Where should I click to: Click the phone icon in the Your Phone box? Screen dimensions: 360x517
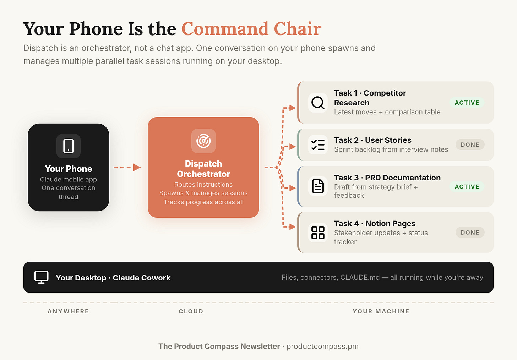69,146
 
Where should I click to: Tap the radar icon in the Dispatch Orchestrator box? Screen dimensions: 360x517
203,141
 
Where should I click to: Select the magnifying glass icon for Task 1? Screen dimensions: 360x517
318,103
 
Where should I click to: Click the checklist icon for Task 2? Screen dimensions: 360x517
318,145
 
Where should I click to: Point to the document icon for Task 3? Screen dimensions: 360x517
318,186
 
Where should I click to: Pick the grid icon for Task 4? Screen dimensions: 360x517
318,233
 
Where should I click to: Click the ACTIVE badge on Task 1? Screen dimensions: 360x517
467,103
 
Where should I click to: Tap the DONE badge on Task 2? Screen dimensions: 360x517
470,144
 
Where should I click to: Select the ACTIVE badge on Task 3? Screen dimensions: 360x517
467,186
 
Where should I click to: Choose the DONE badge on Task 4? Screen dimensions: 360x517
470,233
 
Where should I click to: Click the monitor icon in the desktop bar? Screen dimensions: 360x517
41,277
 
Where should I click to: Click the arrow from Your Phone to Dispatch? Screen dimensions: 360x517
127,167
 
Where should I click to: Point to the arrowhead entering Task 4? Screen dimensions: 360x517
293,227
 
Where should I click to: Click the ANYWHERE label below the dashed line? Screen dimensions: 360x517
68,311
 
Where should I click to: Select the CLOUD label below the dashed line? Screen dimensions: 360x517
191,311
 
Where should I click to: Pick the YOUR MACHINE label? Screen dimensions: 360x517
381,311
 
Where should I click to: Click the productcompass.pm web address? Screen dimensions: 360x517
322,346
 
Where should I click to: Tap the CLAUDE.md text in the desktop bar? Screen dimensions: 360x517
360,277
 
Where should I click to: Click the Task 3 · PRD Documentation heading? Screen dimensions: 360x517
387,178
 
